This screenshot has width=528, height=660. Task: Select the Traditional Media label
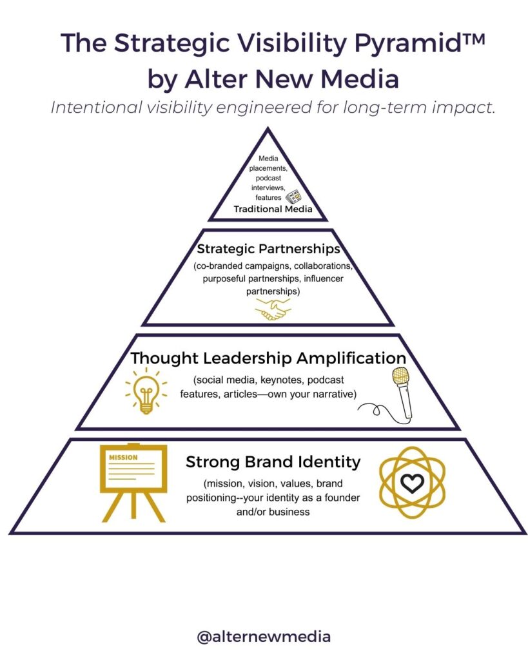pos(273,209)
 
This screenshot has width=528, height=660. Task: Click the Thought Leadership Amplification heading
pos(268,358)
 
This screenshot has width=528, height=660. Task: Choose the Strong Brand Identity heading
pos(273,462)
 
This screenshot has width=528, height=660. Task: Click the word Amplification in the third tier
pos(348,358)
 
